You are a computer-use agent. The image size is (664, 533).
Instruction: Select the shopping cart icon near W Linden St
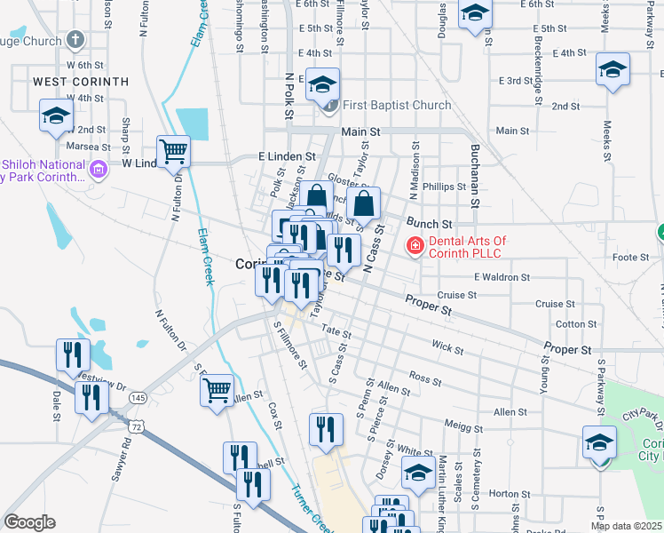coord(173,151)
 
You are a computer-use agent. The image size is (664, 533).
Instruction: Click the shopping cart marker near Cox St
coord(217,389)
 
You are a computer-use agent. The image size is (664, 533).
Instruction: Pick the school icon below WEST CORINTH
coord(56,116)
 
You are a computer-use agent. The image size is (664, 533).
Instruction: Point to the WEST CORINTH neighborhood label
coord(81,82)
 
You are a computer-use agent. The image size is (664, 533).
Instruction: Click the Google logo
coord(29,522)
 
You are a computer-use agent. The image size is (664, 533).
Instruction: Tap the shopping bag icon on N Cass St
coord(363,203)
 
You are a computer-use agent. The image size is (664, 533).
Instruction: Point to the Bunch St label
coord(430,223)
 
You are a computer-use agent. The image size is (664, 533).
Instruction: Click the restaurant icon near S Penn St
coord(326,429)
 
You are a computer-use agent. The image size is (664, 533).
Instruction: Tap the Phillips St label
coord(444,187)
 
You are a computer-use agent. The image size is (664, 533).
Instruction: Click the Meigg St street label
coord(463,427)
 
